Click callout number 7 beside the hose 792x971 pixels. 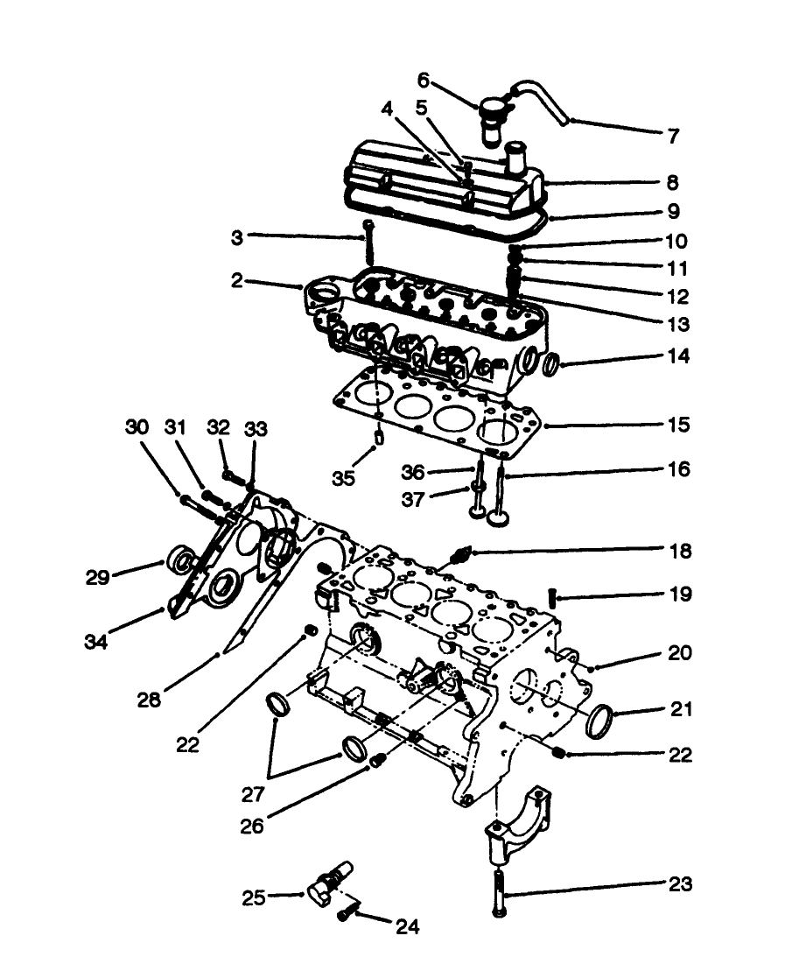[x=673, y=136]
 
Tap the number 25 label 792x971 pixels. [x=255, y=897]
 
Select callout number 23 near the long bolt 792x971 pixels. [x=680, y=884]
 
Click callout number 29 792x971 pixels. [x=99, y=577]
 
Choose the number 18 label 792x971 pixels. [x=679, y=551]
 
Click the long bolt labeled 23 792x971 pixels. [x=498, y=889]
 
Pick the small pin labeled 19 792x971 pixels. [x=553, y=597]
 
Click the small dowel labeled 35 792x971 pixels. [x=378, y=435]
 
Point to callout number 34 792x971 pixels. [x=95, y=642]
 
